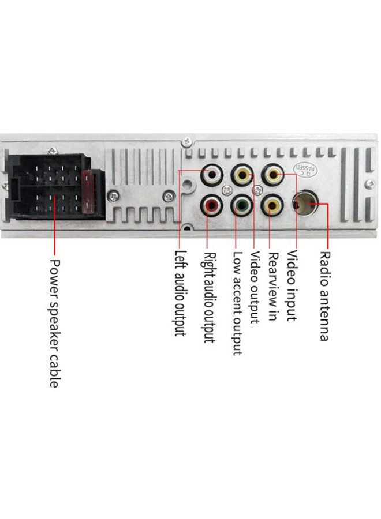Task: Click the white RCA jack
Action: [211, 174]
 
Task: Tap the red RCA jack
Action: [211, 205]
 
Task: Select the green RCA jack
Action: [241, 205]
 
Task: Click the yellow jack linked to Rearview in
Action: [272, 205]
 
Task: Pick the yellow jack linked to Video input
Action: [272, 174]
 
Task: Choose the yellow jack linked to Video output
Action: [242, 174]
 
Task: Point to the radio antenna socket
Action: [305, 202]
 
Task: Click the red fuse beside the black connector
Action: [88, 192]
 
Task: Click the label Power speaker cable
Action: [55, 323]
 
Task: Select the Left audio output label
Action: [181, 294]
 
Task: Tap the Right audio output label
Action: [210, 298]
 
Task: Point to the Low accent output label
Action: [237, 303]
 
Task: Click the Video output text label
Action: [255, 287]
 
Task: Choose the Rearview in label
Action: [273, 287]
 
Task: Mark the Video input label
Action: [292, 285]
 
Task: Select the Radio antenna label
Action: [324, 296]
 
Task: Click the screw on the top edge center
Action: [187, 141]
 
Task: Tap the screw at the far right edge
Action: [369, 185]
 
